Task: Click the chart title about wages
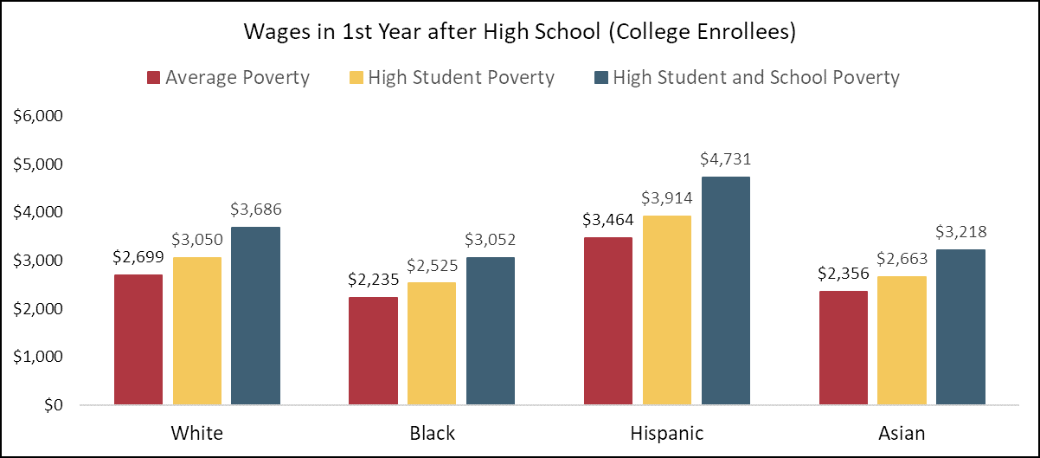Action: click(520, 34)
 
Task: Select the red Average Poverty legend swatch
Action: click(153, 78)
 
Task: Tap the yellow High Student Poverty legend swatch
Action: click(355, 78)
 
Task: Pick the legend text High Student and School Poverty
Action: click(756, 78)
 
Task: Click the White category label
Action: click(196, 433)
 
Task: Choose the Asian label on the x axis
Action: click(902, 433)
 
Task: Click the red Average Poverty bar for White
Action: click(138, 339)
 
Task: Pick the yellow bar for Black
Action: click(432, 344)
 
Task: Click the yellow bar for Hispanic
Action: click(667, 310)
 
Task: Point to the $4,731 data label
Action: click(725, 158)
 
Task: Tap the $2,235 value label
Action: click(373, 279)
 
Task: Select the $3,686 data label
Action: click(255, 209)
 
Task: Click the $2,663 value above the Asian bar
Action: click(902, 258)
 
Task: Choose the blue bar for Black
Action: click(491, 331)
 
